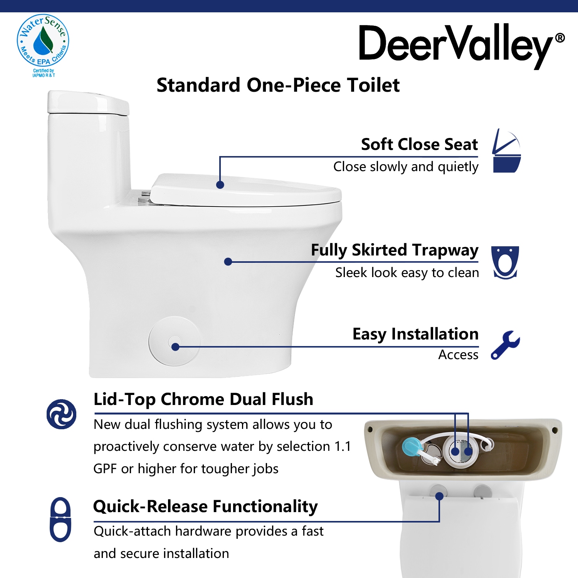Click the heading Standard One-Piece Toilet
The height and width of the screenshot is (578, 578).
coord(278,85)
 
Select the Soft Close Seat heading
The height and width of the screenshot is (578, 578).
coord(419,144)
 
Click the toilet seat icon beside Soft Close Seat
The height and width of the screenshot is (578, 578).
coord(507,151)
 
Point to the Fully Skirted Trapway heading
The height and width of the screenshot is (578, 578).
coord(395,250)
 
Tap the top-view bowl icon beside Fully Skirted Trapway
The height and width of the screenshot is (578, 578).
coord(505,262)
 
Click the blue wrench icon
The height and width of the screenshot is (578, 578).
coord(505,345)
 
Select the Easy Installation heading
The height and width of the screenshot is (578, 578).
coord(415,334)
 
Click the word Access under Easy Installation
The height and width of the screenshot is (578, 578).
coord(458,355)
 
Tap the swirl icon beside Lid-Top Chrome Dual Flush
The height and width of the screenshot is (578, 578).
coord(61,414)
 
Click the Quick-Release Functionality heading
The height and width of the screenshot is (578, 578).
coord(205,507)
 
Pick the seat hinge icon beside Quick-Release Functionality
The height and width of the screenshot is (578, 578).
coord(60,519)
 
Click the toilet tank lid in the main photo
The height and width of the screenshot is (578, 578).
coord(88,102)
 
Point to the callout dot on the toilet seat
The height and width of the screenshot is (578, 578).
coord(220,185)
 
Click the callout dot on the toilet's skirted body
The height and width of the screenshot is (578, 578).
coord(228,262)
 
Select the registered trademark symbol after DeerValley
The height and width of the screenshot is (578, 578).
coord(560,38)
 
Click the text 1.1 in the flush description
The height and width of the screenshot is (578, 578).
coord(343,446)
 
